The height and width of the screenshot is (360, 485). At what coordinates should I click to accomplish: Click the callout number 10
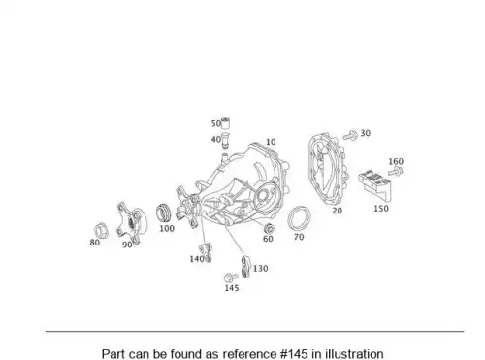coord(271,142)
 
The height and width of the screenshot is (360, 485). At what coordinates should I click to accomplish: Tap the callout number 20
coord(337,211)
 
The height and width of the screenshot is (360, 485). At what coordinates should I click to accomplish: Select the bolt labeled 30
coord(350,135)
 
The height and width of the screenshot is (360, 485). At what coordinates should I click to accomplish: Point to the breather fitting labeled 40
coord(225,141)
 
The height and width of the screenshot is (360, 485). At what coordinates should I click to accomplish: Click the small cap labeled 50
coord(225,123)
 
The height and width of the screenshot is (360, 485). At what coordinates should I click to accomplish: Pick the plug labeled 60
coord(269,228)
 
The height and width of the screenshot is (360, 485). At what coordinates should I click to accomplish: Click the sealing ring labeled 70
coord(299,218)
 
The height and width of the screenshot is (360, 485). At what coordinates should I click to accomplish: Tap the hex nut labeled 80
coord(101,231)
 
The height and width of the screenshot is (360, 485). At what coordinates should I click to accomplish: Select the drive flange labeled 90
coord(132,222)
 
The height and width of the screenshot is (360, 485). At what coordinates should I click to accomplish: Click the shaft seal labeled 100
coord(165,213)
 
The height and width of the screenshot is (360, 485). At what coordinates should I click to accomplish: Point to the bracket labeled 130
coord(245,267)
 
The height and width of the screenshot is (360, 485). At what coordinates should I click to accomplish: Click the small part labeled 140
coord(206,251)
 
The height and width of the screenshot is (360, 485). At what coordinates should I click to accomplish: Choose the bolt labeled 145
coord(231,278)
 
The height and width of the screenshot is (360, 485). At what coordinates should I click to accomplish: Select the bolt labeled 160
coord(396,171)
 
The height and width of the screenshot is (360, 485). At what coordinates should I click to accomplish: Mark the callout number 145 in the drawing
coord(232,288)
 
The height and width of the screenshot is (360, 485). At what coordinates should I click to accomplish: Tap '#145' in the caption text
coord(294,354)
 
